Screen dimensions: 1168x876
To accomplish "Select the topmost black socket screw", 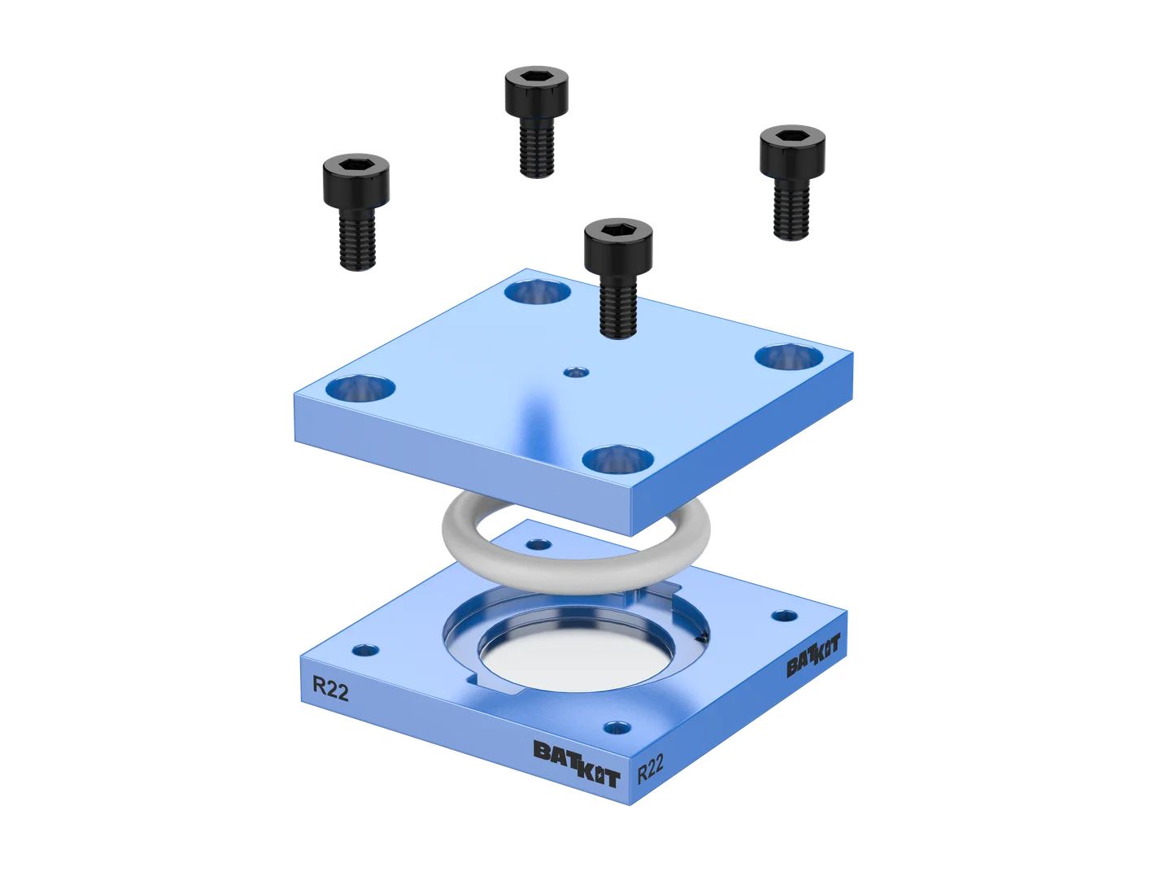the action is (536, 122).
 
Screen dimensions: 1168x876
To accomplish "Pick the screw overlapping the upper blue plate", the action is (618, 277).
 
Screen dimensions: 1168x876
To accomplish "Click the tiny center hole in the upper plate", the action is (577, 371).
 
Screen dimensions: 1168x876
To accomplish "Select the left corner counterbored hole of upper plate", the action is (360, 388).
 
